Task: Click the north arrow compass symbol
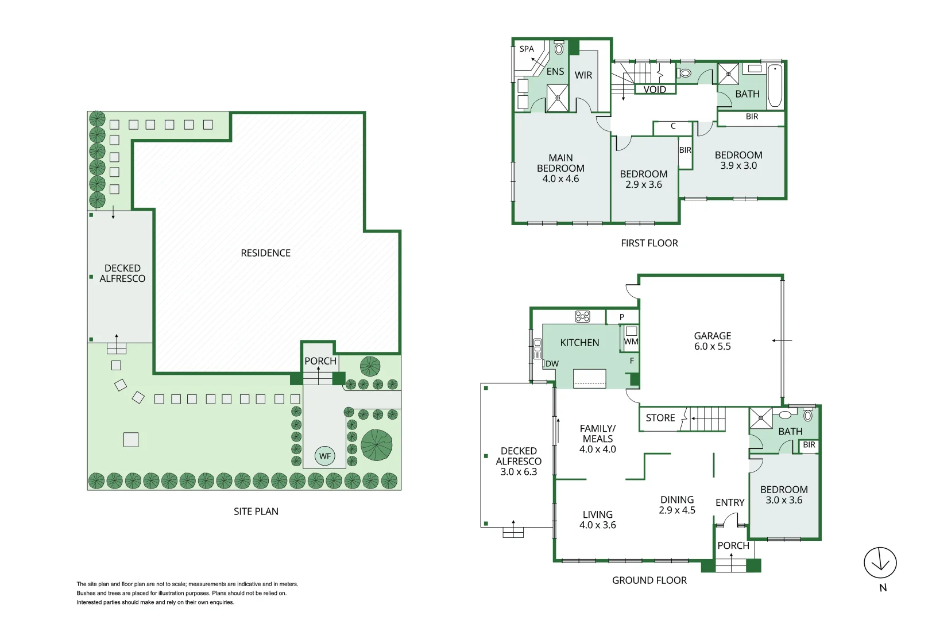pos(880,563)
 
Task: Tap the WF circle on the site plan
pos(325,456)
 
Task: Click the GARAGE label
pos(712,336)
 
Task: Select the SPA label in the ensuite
pos(527,49)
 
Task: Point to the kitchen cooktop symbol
pos(582,316)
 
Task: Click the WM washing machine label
pos(631,342)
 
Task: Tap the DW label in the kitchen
pos(552,364)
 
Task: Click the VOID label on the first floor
pos(655,90)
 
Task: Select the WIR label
pos(583,75)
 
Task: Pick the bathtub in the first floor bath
pos(775,86)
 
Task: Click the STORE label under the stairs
pos(660,418)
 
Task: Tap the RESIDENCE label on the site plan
pos(265,253)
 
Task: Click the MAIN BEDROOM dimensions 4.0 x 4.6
pos(560,179)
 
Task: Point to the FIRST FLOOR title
pos(649,243)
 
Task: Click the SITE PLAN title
pos(256,511)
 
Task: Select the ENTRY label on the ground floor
pos(730,503)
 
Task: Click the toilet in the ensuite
pos(559,48)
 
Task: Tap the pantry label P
pos(621,317)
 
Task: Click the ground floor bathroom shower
pos(760,418)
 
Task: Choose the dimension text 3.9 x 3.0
pos(738,165)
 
